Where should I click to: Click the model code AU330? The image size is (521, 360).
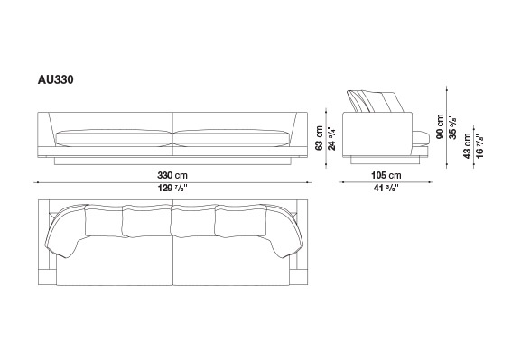[x=55, y=80]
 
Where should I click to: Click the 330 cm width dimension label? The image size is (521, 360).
[x=172, y=175]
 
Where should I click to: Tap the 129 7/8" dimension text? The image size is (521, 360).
[x=172, y=189]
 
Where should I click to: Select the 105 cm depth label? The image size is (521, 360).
[x=386, y=175]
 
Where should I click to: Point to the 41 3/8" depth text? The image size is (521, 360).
[x=386, y=189]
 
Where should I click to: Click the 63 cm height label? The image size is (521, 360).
[x=320, y=138]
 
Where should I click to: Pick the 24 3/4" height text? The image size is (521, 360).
[x=332, y=138]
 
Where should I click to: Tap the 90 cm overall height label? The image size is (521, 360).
[x=441, y=126]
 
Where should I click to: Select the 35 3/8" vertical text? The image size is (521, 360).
[x=453, y=127]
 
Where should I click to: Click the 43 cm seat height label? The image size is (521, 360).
[x=468, y=146]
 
